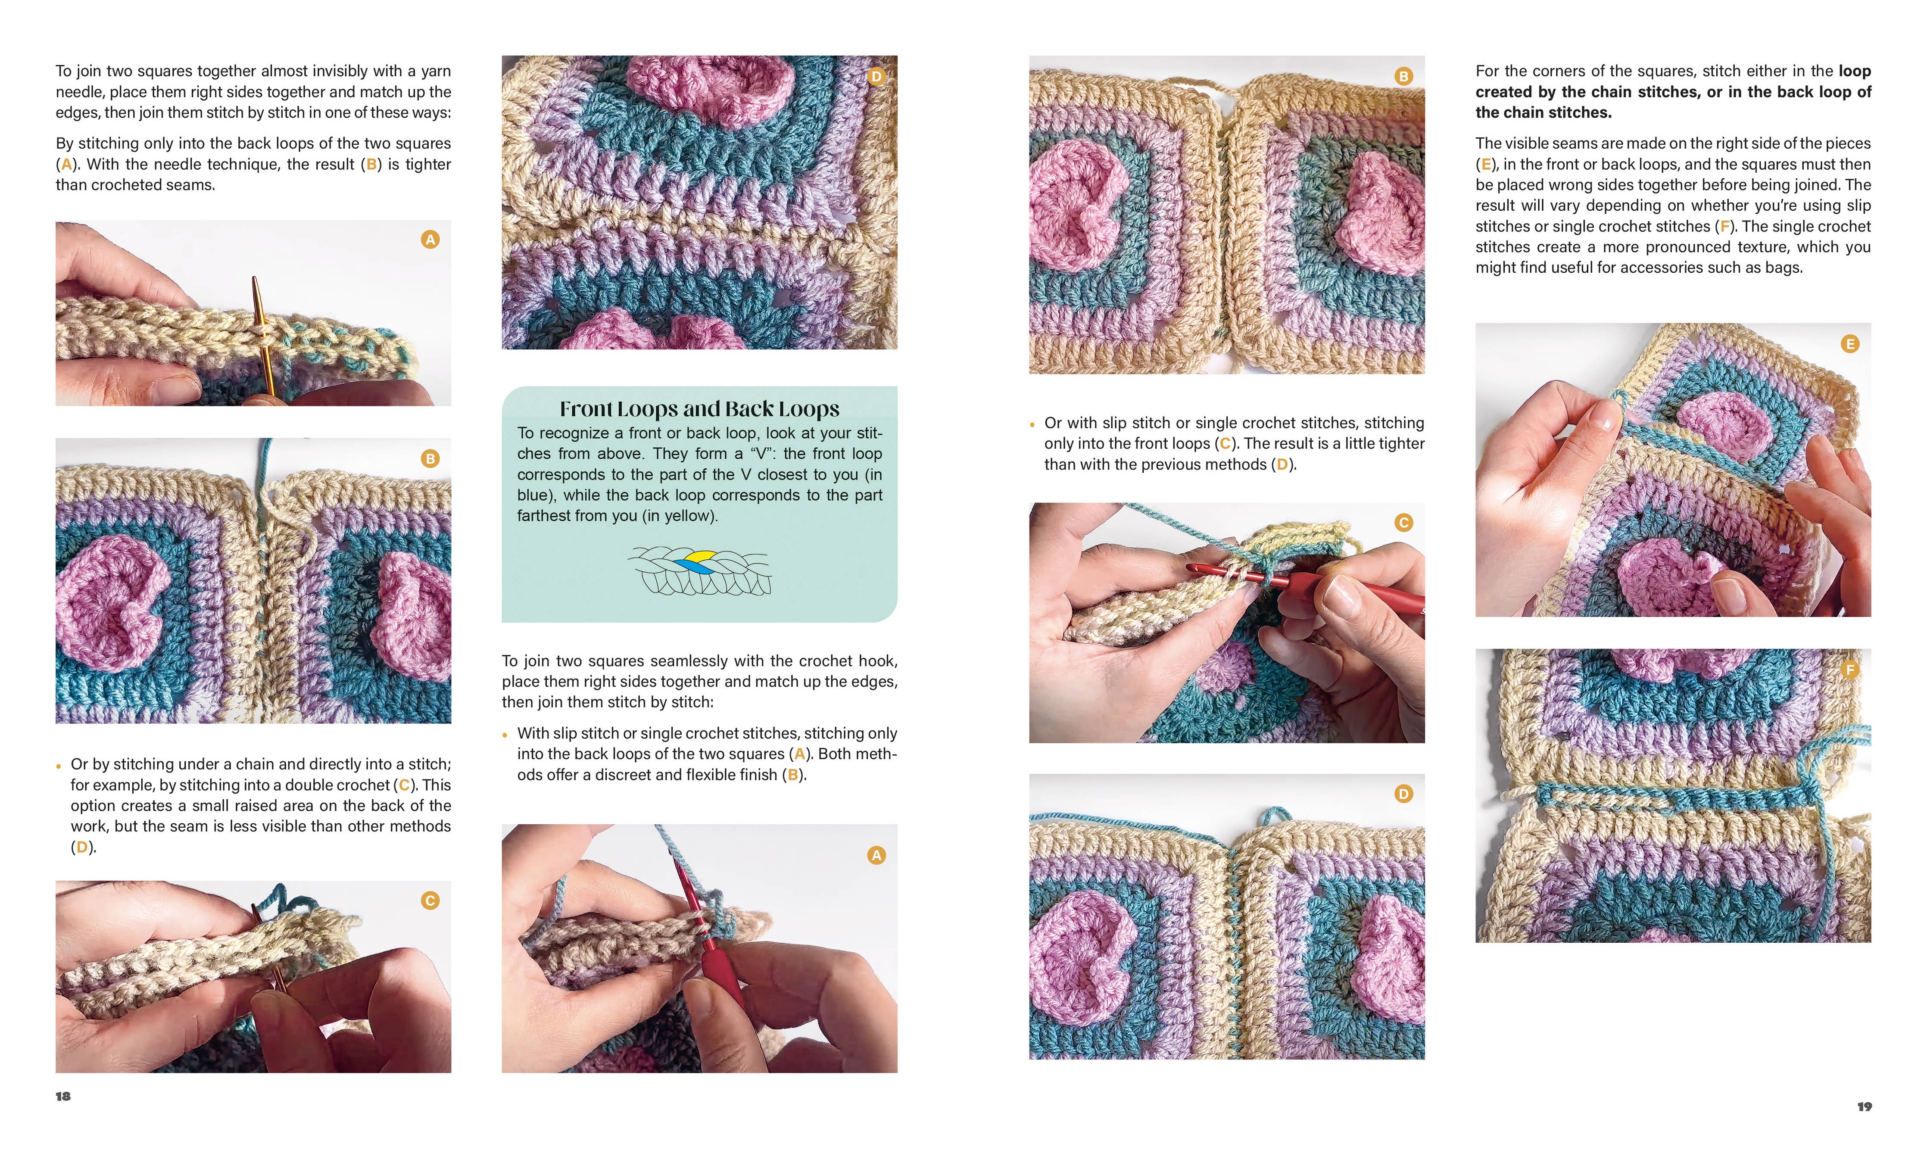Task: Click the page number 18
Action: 63,1096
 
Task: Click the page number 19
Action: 1864,1106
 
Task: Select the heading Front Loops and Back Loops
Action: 699,409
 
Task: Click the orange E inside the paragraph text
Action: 1486,164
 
